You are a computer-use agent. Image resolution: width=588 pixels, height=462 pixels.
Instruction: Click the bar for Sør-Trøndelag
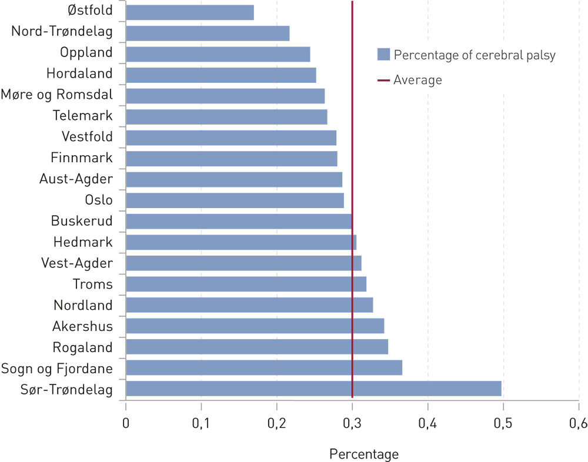point(313,389)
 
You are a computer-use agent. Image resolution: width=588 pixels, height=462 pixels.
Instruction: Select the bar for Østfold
point(190,12)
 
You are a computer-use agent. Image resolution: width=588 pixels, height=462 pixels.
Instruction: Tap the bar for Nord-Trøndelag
point(208,33)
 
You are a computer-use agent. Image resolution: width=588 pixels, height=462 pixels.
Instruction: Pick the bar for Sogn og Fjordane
point(264,367)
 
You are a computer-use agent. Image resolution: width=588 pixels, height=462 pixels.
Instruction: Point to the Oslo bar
point(235,200)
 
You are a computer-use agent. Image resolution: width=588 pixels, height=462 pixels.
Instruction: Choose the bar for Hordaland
point(221,75)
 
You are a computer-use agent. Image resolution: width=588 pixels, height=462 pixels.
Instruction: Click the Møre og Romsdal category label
point(56,95)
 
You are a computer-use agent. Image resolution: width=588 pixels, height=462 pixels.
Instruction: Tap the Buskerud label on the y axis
point(82,221)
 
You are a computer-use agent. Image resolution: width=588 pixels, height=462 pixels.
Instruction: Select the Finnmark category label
point(82,158)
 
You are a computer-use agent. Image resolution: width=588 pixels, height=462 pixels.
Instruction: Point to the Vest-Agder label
point(77,263)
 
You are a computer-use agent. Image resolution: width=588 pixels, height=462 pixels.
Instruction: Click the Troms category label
point(92,284)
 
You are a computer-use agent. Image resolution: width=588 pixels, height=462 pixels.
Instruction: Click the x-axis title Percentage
point(364,454)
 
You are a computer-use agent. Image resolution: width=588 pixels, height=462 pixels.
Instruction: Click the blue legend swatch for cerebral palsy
point(383,55)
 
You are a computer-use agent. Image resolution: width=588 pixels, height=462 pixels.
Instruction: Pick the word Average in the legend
point(417,80)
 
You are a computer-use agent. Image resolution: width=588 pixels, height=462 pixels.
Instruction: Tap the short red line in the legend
point(383,80)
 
